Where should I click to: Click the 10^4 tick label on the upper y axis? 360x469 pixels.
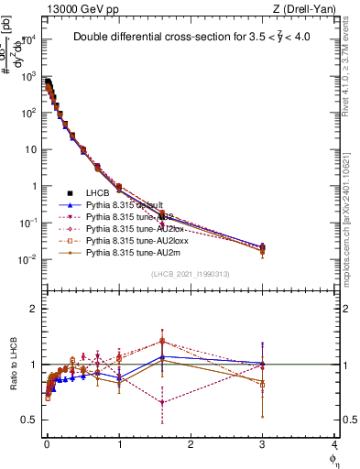[x=27, y=39]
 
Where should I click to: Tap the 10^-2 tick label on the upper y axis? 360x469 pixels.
[x=27, y=259]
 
